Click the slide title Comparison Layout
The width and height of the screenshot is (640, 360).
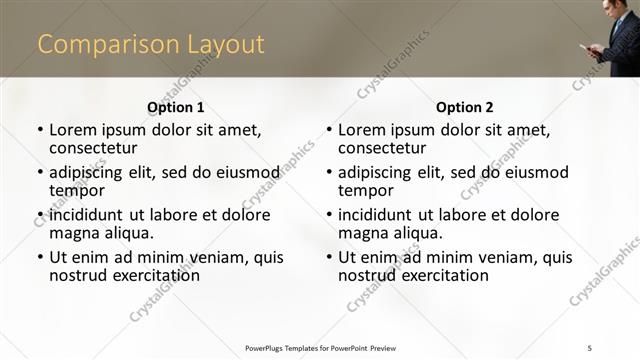point(151,45)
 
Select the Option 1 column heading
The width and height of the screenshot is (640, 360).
point(175,107)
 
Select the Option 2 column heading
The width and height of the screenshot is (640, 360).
point(464,107)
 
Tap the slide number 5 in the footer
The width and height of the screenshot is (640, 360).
point(590,347)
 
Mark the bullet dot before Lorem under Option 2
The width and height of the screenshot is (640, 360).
point(329,131)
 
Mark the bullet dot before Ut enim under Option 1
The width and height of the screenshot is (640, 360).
point(40,258)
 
